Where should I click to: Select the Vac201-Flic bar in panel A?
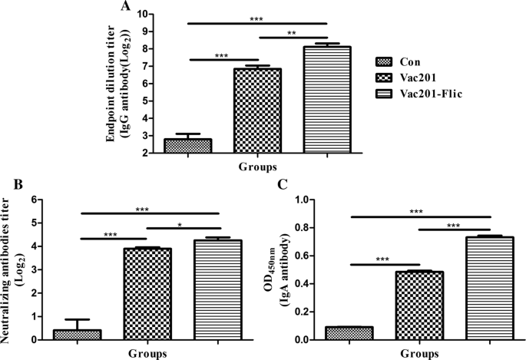pyautogui.click(x=327, y=100)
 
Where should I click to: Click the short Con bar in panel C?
pyautogui.click(x=349, y=333)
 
